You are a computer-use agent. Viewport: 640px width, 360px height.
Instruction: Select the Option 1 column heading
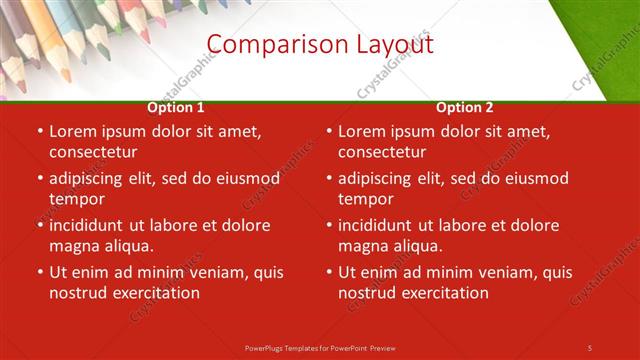click(x=176, y=107)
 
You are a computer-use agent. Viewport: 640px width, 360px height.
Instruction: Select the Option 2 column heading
click(x=465, y=107)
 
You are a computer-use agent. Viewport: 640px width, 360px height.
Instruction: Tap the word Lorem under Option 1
click(x=73, y=131)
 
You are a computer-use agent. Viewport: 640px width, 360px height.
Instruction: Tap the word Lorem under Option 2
click(x=362, y=131)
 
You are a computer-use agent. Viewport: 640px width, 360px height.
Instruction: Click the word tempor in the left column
click(x=76, y=199)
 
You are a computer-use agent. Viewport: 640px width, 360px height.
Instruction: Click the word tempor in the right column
click(x=365, y=199)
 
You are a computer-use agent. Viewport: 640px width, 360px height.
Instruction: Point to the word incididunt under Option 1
click(x=92, y=225)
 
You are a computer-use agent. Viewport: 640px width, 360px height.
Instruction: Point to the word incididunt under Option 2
click(x=381, y=225)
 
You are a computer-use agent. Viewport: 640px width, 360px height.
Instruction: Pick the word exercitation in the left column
click(x=153, y=293)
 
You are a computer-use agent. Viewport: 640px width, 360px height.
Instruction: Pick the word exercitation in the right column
click(x=442, y=293)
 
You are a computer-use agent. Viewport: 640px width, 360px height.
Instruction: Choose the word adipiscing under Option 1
click(x=95, y=178)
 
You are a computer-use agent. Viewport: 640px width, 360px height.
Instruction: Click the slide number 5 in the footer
click(x=590, y=347)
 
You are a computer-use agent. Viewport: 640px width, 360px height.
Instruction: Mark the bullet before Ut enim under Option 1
click(x=40, y=272)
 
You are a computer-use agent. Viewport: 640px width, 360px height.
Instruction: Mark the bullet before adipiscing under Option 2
click(x=329, y=178)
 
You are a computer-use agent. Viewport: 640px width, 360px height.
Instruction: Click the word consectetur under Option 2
click(x=384, y=152)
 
